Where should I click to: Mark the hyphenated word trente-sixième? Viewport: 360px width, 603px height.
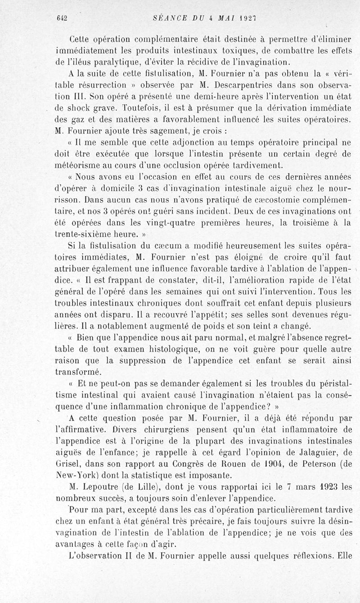(x=85, y=235)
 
